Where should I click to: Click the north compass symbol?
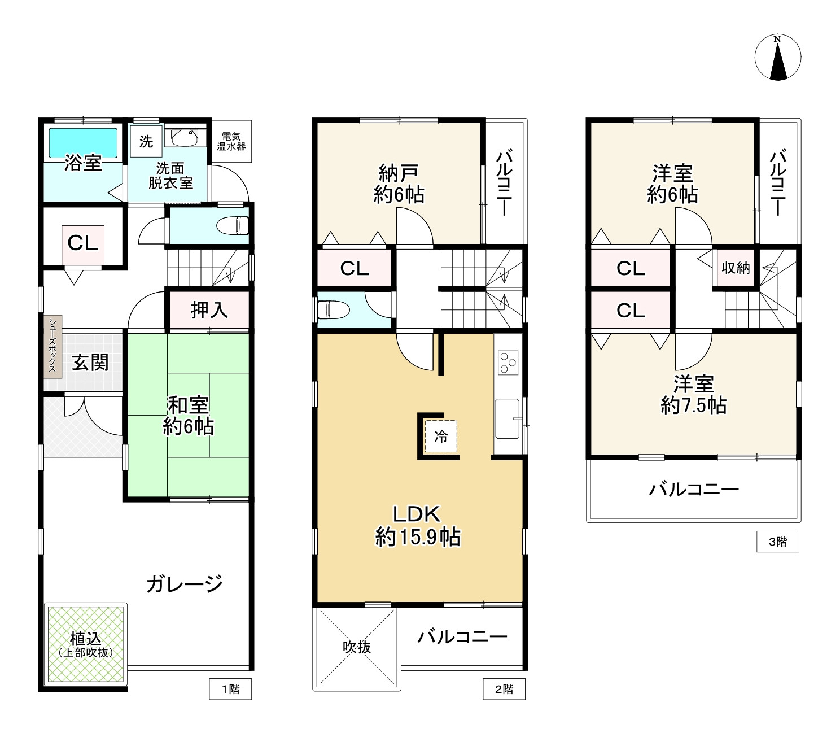777,58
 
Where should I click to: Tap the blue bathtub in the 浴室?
83,143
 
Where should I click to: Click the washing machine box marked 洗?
146,141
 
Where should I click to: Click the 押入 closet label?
208,309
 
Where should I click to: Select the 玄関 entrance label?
90,362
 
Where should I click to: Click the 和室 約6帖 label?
188,415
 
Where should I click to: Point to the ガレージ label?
185,583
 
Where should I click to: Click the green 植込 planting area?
86,644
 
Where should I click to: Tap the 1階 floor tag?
230,689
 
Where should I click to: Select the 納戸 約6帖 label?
399,184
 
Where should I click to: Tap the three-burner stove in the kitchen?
508,363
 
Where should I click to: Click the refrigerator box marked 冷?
440,436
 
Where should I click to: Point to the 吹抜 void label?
357,647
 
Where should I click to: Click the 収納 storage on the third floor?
736,268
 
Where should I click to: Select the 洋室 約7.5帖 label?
693,394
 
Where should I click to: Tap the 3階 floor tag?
777,542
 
